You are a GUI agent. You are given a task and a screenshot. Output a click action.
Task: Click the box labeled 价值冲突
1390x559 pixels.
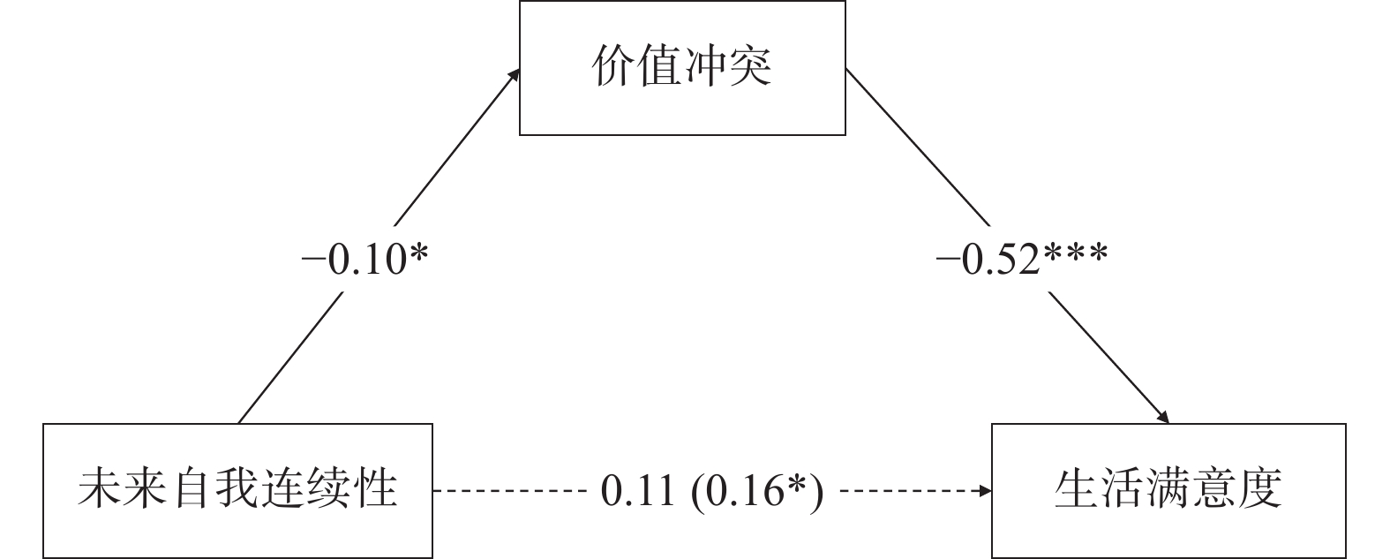[x=682, y=68]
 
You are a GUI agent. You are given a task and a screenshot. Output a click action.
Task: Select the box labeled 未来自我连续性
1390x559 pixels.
[x=238, y=491]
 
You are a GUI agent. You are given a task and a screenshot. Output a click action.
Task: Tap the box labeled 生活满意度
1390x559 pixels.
[x=1168, y=491]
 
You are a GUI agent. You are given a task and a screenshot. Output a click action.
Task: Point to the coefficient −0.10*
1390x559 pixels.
[x=364, y=260]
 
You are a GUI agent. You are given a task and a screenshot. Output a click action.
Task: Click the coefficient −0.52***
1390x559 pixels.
[x=1022, y=260]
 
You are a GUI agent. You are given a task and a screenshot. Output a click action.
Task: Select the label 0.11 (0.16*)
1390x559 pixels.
[x=711, y=491]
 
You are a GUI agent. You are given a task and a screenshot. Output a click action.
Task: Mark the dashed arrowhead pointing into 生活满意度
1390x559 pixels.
[x=985, y=491]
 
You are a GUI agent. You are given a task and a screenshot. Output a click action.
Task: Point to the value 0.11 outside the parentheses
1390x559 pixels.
[x=638, y=491]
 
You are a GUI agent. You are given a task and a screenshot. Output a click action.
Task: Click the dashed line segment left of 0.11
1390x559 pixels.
[x=512, y=491]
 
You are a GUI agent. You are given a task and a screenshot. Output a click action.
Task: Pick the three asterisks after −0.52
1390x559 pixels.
[x=1076, y=256]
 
